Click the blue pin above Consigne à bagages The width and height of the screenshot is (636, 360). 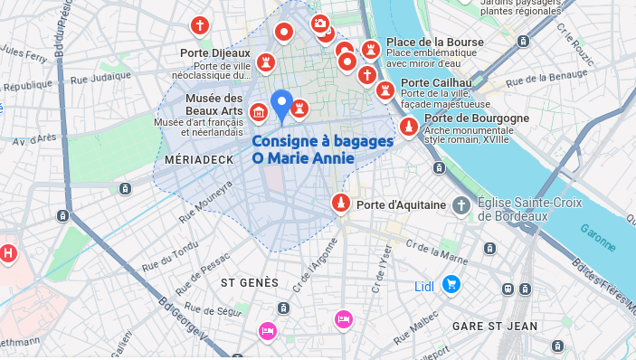282,104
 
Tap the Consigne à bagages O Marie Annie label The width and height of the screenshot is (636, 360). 322,150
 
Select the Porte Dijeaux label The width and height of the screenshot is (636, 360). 214,52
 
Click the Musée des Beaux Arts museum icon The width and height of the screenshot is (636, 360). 259,112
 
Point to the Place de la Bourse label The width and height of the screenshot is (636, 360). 435,42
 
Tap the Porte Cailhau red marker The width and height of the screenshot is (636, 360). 386,90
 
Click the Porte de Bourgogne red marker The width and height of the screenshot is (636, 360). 409,128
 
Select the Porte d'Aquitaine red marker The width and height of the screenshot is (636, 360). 341,204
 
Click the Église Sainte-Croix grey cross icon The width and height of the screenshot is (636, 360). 461,205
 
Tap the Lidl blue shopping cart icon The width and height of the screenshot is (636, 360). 451,286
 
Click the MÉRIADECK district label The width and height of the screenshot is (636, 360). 194,159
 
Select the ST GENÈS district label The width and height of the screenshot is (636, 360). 251,283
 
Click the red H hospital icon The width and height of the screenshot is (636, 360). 8,252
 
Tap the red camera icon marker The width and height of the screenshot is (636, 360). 319,23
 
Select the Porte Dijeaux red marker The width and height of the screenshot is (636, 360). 265,63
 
